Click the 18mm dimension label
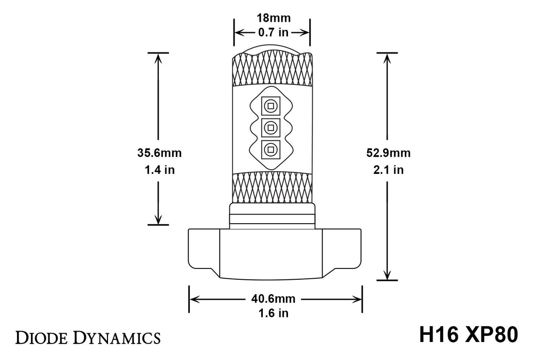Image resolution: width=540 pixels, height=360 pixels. tap(273, 18)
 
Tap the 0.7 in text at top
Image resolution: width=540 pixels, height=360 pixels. tap(273, 32)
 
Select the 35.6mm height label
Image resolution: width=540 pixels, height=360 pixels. tap(159, 153)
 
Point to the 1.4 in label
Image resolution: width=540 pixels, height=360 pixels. tap(159, 170)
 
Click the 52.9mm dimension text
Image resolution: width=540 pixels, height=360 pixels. tap(388, 153)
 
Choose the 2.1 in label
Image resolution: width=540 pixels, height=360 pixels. tap(388, 170)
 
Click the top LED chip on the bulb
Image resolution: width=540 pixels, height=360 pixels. tap(269, 105)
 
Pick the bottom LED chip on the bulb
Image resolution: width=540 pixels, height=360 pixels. tap(269, 149)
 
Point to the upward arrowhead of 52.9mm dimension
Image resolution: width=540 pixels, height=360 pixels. tap(387, 58)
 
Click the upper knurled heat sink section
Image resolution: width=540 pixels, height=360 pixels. tap(273, 69)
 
